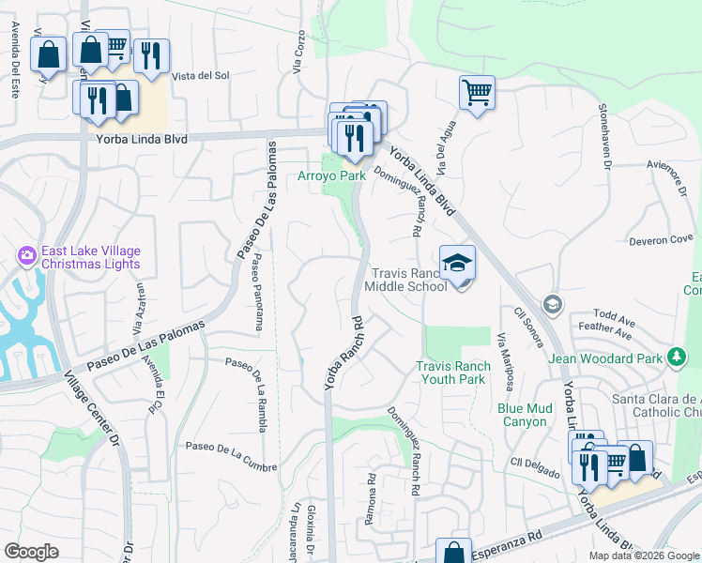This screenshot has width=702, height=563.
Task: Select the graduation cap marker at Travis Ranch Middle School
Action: click(457, 264)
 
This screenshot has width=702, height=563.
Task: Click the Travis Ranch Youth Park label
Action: click(453, 373)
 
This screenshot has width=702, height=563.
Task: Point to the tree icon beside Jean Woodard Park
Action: click(676, 357)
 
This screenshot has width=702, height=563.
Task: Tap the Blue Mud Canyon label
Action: click(523, 415)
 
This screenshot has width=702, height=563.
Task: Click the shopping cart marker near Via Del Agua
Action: click(477, 93)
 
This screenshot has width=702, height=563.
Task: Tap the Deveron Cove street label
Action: click(661, 239)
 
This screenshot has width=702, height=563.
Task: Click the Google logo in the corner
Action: click(31, 552)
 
